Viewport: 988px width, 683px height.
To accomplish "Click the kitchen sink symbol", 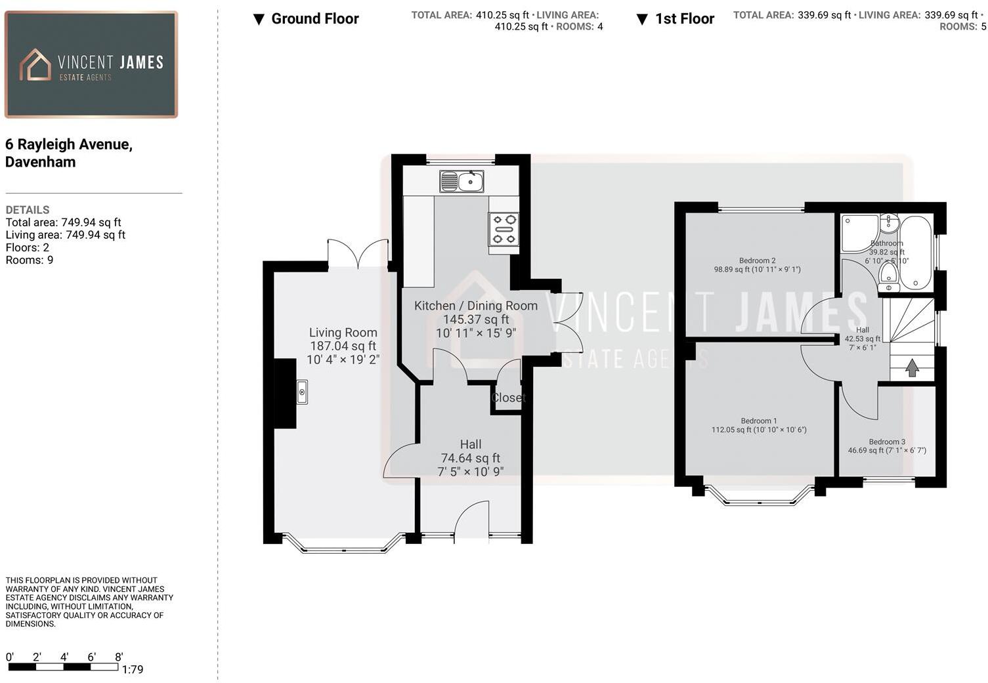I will click(x=462, y=181).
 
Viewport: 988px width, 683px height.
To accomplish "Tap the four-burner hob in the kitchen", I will click(x=504, y=230).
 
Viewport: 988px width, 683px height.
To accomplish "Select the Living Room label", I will click(x=343, y=333).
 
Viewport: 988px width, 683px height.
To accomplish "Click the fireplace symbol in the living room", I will click(x=301, y=392).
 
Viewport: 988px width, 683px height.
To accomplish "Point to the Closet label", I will click(x=508, y=398).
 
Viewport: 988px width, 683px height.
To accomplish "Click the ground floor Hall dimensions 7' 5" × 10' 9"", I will click(x=470, y=471).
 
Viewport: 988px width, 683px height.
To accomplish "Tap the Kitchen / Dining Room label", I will click(x=475, y=306).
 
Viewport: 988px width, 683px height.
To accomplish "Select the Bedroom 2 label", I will click(x=757, y=260).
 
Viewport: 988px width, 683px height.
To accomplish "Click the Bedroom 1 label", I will click(x=758, y=421).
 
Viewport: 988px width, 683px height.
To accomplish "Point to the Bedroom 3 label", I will click(x=886, y=442).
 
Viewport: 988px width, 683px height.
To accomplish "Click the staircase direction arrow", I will click(x=912, y=367).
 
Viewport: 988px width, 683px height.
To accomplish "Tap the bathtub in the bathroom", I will click(x=915, y=253).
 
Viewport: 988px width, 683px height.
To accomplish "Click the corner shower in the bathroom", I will click(x=858, y=233).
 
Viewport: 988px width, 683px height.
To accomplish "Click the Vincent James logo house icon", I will click(x=35, y=65).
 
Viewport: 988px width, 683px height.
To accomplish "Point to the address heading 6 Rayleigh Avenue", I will click(x=69, y=144).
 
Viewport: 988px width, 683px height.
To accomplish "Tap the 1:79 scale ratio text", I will click(x=133, y=669).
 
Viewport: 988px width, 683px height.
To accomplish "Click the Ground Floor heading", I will click(x=314, y=19).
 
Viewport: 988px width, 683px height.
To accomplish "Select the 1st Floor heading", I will click(x=684, y=19).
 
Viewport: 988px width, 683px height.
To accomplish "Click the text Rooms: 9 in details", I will click(x=30, y=260).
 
